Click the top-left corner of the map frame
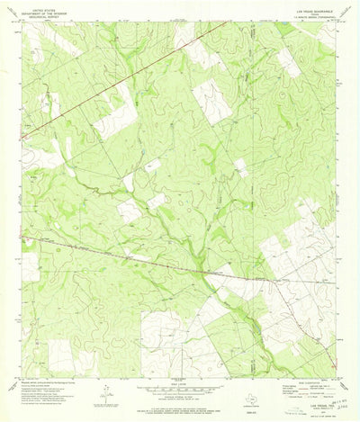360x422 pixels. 22,22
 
